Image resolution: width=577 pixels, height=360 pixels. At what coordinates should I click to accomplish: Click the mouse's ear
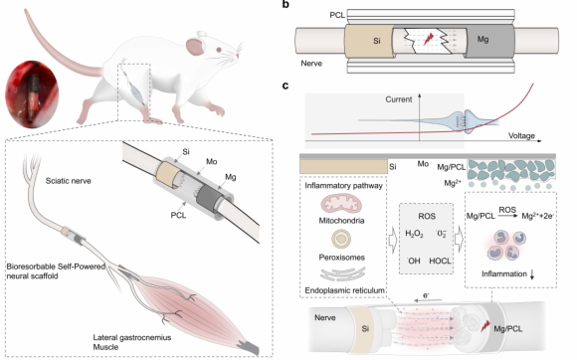195,47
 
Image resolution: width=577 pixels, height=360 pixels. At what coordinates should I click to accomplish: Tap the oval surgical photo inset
32,94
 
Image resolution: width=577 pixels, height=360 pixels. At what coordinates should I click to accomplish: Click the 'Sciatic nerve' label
68,181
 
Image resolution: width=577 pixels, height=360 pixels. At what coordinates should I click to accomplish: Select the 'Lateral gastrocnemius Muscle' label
131,342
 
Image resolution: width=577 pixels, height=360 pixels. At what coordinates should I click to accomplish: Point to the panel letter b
286,5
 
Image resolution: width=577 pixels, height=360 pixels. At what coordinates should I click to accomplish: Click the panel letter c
286,86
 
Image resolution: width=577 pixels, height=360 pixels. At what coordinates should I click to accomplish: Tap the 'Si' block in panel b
368,41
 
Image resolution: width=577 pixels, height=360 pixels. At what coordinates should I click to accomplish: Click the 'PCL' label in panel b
337,15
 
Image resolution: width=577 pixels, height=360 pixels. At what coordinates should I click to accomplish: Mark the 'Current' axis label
399,99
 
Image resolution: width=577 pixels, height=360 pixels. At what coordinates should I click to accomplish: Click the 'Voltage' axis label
521,135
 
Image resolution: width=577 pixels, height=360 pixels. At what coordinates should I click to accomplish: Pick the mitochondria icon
341,205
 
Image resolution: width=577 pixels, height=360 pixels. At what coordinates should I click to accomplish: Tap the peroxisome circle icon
341,239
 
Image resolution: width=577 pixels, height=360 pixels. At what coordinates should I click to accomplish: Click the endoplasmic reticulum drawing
343,273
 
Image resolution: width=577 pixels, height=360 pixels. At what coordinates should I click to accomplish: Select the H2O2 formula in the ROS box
414,233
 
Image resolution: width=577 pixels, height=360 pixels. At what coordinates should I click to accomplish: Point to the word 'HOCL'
440,262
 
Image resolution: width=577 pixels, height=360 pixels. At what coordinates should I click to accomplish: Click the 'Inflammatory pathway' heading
343,186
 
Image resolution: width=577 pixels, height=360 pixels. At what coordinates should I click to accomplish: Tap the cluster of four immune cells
506,245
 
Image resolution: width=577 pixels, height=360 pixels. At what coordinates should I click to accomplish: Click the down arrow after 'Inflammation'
532,274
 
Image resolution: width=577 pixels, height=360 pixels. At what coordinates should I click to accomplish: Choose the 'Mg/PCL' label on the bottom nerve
507,329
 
